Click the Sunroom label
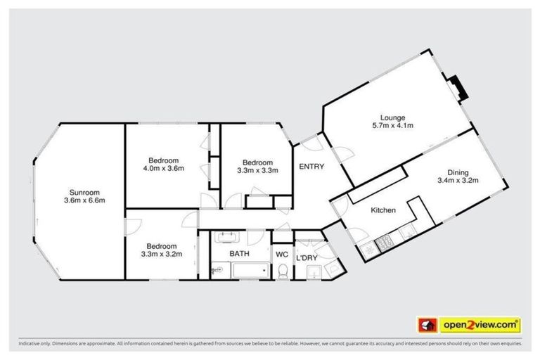coord(84,192)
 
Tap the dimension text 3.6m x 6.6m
coord(84,201)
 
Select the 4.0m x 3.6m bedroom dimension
coord(163,168)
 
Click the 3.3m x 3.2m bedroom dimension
coord(162,254)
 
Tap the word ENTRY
coord(311,167)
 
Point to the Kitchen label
coord(383,210)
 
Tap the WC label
coord(281,254)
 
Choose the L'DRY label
coord(307,258)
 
